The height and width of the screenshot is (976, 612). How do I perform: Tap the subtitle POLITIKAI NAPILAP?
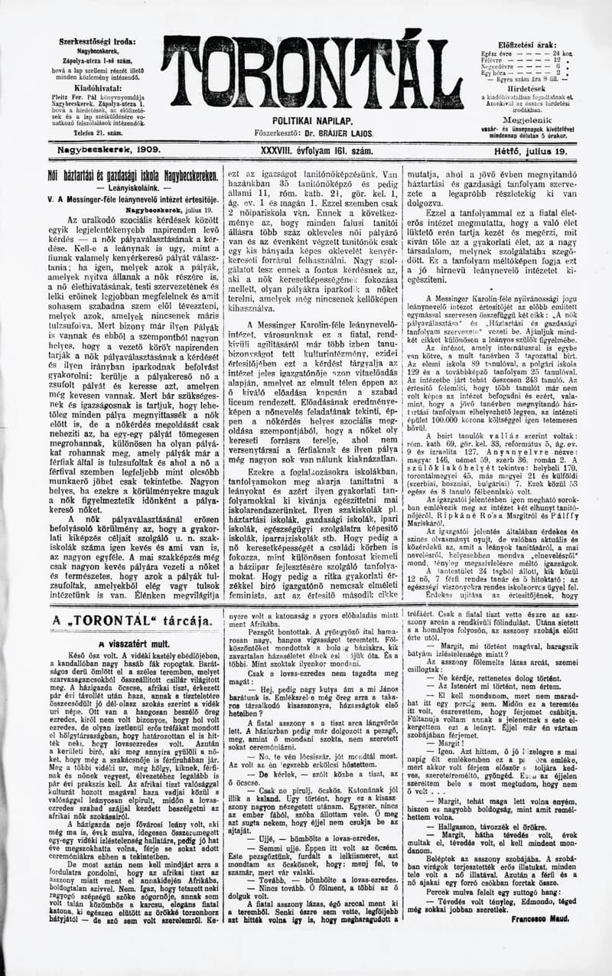311,121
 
